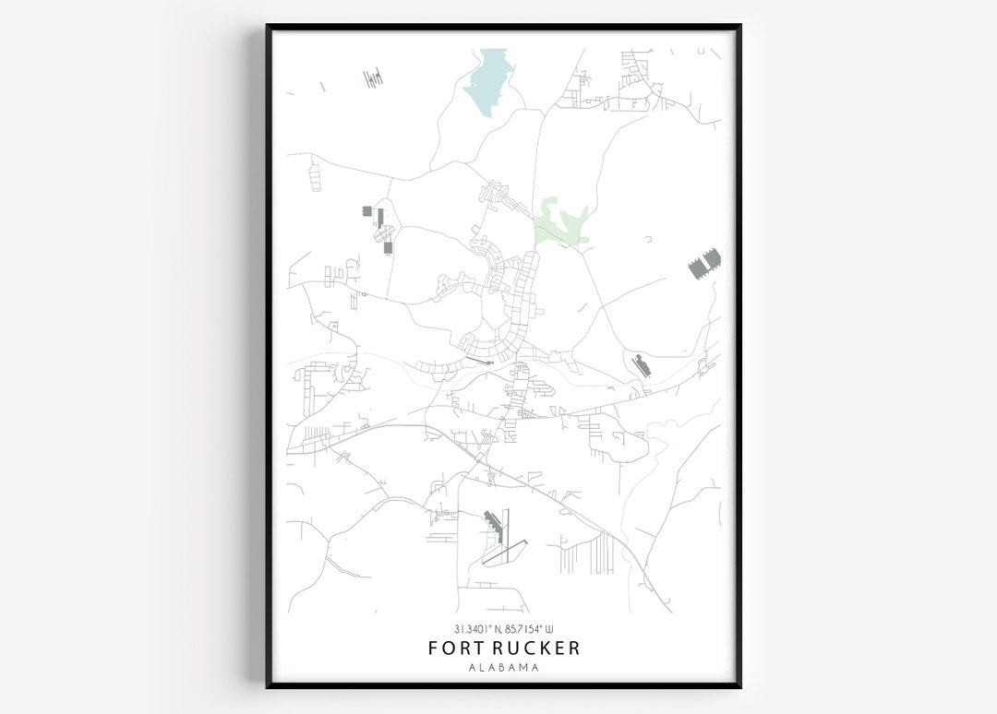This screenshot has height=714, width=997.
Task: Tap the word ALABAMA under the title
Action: (504, 667)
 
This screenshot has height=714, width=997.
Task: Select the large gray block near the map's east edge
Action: (704, 265)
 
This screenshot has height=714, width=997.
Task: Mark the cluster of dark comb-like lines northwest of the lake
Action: (373, 78)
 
